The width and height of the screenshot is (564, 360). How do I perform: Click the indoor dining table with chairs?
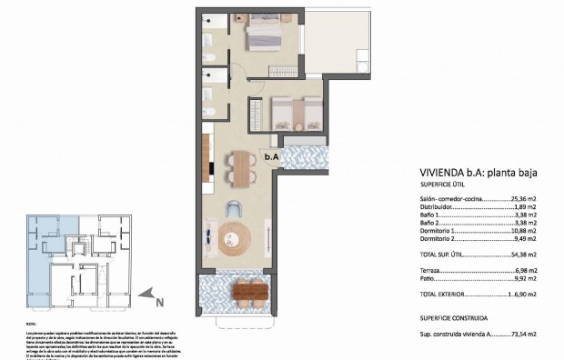coord(240,165)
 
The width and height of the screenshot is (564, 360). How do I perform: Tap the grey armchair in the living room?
coord(235,205)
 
